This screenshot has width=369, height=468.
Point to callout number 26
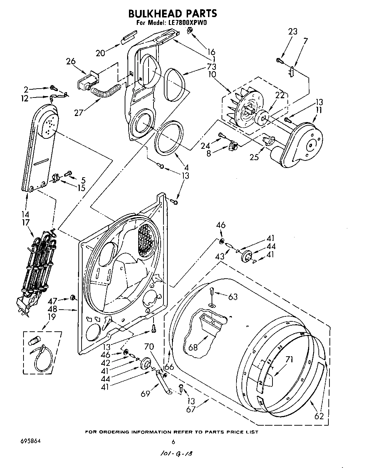(71, 61)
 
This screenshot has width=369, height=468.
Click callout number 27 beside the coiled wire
(79, 112)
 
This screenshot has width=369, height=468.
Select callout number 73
(211, 67)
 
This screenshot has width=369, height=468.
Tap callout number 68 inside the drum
(193, 347)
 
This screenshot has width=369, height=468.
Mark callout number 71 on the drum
(289, 359)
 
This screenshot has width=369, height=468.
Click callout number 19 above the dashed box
(52, 316)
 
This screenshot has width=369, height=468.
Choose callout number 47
(53, 301)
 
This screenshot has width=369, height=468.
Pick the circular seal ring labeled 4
(170, 138)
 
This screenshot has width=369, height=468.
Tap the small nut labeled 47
(73, 297)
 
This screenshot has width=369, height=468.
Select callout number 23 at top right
(292, 31)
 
